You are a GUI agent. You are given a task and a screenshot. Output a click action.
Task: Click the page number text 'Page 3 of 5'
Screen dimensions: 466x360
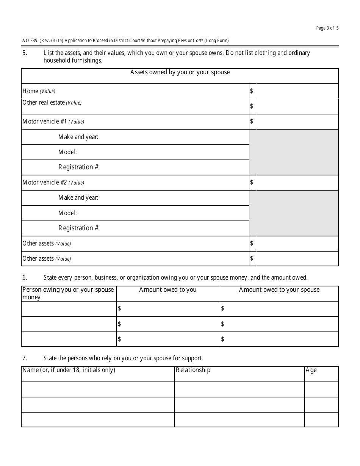[x=327, y=28]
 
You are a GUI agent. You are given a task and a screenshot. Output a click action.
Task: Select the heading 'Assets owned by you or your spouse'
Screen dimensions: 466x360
[x=180, y=72]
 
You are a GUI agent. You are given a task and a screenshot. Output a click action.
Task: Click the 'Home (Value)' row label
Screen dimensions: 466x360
[x=39, y=91]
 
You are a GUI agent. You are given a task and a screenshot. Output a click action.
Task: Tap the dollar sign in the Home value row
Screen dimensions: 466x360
[x=252, y=91]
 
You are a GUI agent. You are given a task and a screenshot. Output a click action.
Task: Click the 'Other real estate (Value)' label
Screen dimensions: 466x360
[x=52, y=103]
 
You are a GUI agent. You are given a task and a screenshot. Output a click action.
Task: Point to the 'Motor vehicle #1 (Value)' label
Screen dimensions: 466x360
[x=53, y=122]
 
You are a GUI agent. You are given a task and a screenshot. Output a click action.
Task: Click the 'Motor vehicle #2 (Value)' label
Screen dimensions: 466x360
[x=53, y=183]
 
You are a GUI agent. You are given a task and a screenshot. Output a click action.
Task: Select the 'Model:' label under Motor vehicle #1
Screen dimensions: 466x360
[x=67, y=152]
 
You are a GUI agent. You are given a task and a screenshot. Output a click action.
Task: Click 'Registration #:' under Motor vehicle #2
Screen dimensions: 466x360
[x=79, y=228]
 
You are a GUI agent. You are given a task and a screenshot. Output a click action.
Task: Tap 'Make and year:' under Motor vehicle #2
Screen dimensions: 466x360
[x=78, y=198]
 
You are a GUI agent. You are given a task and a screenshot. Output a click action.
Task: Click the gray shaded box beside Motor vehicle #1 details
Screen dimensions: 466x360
[x=293, y=152]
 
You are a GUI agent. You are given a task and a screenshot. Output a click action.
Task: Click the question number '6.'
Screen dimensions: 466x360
[x=25, y=278]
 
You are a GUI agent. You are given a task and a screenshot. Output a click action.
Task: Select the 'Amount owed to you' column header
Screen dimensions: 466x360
[x=168, y=290]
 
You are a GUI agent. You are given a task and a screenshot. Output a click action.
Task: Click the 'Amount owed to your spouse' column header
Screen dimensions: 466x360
[x=279, y=290]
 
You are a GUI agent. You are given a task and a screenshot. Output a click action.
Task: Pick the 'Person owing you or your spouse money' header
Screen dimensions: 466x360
[x=68, y=293]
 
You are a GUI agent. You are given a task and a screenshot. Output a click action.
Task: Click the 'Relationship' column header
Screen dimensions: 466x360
[x=193, y=370]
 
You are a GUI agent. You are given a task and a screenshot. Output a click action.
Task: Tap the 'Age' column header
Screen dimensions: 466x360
[x=311, y=370]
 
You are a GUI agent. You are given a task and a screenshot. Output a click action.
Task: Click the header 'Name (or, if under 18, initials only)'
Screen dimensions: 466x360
[x=69, y=370]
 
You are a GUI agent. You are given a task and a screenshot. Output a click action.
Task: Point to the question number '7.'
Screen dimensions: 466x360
[x=25, y=358]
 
